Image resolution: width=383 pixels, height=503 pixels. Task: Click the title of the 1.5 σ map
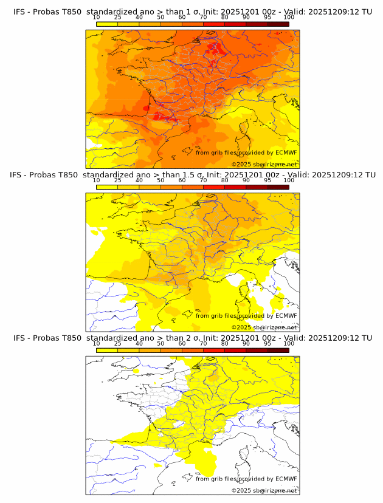pos(192,174)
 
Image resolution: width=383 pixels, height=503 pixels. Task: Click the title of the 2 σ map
pos(192,337)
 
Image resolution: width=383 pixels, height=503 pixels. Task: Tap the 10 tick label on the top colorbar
pos(97,18)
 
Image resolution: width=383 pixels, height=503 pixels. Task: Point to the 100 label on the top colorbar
pos(289,18)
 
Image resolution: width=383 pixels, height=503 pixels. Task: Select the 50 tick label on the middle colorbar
pos(160,180)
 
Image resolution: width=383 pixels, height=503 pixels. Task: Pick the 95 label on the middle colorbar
pos(267,180)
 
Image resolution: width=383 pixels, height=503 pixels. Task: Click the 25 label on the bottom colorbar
pos(118,343)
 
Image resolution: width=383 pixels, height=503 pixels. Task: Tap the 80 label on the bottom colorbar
pos(225,343)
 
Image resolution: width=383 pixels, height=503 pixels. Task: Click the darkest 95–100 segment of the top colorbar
pos(278,24)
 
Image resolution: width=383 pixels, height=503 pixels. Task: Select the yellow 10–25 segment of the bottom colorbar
pos(107,350)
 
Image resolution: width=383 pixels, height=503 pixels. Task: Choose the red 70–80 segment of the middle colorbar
pos(214,187)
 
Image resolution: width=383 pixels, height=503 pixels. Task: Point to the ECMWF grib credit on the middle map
pos(246,315)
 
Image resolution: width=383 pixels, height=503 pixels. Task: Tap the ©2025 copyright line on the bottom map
pos(264,490)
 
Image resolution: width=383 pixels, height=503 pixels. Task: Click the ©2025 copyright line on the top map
pos(264,164)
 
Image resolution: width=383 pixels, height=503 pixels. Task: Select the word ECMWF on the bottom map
pos(286,479)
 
